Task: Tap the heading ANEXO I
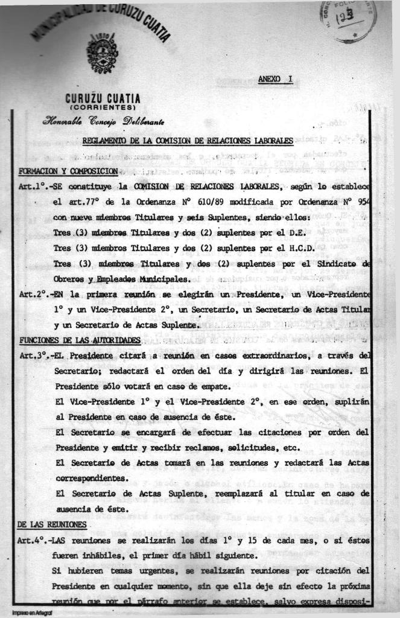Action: click(x=275, y=79)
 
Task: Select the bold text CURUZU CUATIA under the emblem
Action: click(x=103, y=98)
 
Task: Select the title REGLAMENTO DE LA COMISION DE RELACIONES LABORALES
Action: click(x=187, y=141)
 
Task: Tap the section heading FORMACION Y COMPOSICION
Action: click(x=68, y=171)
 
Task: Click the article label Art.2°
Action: click(x=33, y=295)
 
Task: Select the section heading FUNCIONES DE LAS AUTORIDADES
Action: click(x=80, y=340)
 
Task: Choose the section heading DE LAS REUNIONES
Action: click(x=52, y=524)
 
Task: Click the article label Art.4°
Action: click(x=33, y=540)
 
